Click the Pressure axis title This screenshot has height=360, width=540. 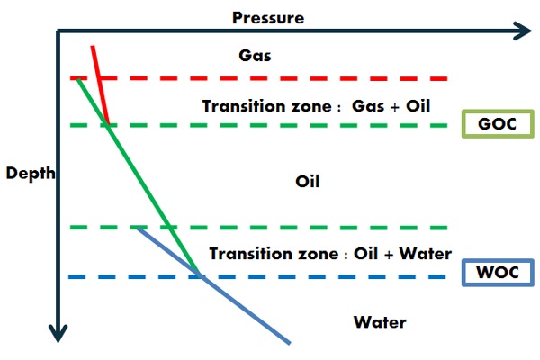(x=268, y=18)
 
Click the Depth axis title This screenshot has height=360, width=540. (x=31, y=173)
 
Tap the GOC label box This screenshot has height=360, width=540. (x=498, y=123)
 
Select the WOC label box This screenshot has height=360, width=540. (x=498, y=272)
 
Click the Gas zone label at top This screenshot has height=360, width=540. (x=255, y=56)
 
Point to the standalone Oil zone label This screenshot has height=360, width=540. (x=308, y=181)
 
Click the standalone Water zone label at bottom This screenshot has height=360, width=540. (x=380, y=322)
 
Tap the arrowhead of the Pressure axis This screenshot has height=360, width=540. (x=524, y=31)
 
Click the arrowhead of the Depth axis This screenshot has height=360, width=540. (x=58, y=334)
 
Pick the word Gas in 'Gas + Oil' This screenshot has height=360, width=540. (x=368, y=106)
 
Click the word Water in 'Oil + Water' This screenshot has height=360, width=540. (x=426, y=254)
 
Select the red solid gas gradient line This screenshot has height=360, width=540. (x=100, y=85)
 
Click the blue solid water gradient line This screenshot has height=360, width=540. (x=213, y=285)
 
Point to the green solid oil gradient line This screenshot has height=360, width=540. (x=139, y=176)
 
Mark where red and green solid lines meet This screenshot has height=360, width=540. (x=108, y=125)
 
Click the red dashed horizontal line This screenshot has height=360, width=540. (x=258, y=78)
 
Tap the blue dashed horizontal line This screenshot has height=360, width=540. (x=257, y=276)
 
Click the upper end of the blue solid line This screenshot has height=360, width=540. (x=138, y=228)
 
